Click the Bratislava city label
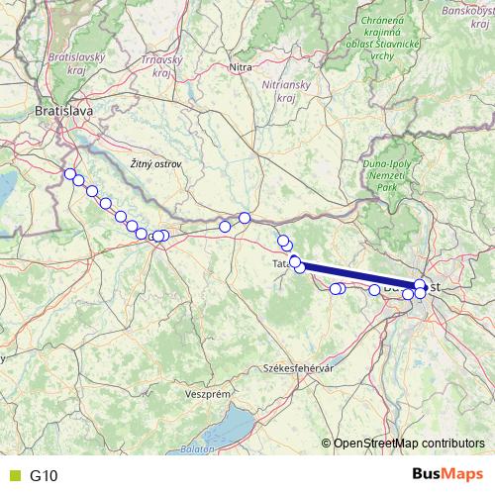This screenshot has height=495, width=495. point(63,112)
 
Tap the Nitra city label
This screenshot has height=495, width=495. point(241,67)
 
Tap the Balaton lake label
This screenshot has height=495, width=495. point(198,450)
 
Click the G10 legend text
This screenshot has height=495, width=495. point(45,475)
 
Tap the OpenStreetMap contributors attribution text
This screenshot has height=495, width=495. point(409,443)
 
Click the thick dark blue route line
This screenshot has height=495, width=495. point(356,274)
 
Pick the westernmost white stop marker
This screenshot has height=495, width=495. point(69,175)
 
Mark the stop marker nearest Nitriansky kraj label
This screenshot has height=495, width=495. point(245,218)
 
